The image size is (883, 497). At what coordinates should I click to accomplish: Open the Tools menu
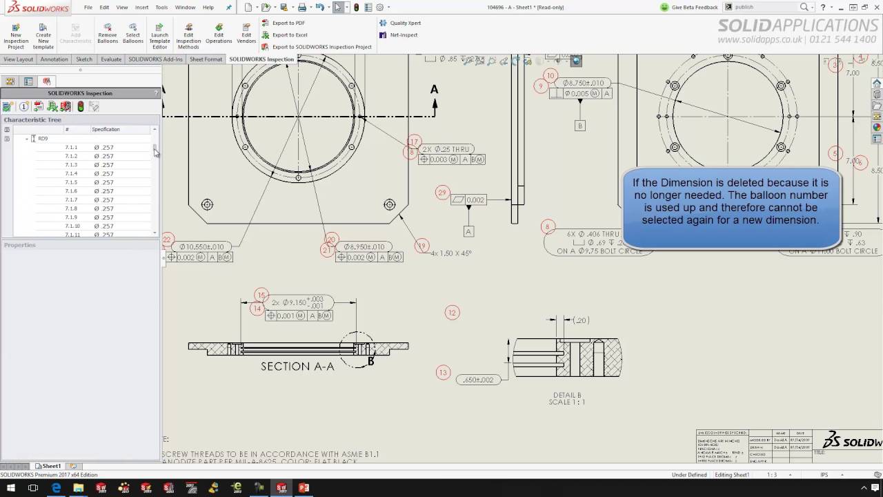(x=161, y=7)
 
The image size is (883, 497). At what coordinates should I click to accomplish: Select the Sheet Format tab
(x=206, y=59)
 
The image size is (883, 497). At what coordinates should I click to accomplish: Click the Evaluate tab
(x=111, y=59)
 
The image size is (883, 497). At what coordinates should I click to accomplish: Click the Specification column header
(x=106, y=129)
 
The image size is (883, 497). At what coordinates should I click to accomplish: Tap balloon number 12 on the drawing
(x=452, y=313)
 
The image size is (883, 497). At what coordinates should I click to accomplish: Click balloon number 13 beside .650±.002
(x=443, y=373)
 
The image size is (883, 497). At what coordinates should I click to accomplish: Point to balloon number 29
(x=442, y=193)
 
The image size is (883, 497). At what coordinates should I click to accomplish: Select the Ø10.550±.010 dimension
(x=201, y=246)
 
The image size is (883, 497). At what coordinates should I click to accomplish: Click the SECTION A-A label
(x=297, y=367)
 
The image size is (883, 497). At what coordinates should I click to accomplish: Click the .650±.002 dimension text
(x=478, y=380)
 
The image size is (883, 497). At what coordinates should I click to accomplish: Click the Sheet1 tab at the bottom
(x=50, y=466)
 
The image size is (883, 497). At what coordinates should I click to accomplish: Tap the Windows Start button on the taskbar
(x=11, y=488)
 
